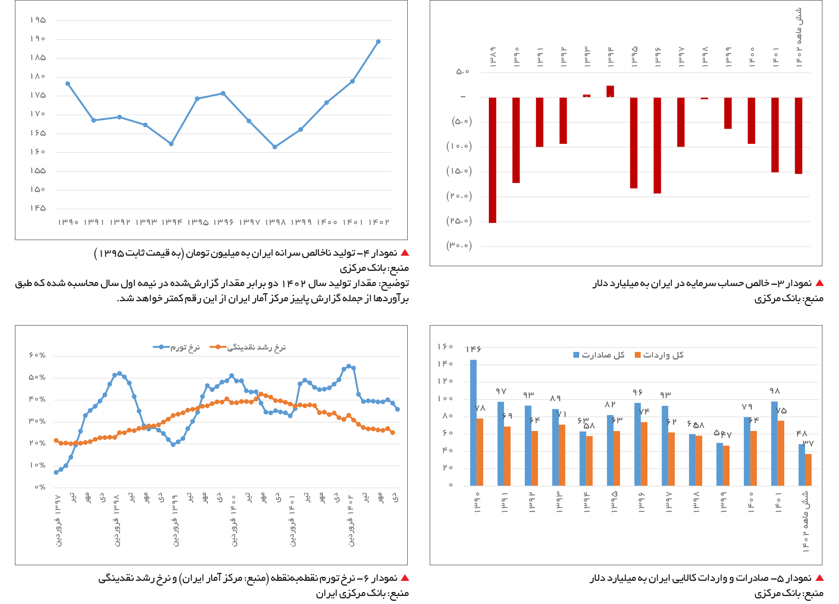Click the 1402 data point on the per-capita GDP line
pos(378,42)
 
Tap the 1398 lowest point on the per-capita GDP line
pos(275,147)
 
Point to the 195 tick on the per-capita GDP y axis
pos(38,20)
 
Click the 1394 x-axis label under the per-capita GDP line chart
pos(171,222)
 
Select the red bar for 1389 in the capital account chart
pos(492,160)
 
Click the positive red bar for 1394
pos(610,91)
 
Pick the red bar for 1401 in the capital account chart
pos(775,135)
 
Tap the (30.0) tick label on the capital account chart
pos(459,245)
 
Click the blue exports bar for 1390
pos(473,423)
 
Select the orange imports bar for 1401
pos(781,453)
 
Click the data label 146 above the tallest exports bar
pos(474,349)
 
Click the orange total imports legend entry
pos(659,355)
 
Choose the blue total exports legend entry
pos(599,355)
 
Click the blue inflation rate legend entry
pos(176,347)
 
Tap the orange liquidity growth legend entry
pos(247,347)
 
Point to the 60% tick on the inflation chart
pos(37,355)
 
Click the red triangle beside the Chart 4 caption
pos(405,253)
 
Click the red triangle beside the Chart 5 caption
pos(819,578)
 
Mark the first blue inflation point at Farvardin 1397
pos(56,473)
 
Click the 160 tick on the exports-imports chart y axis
pos(445,346)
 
